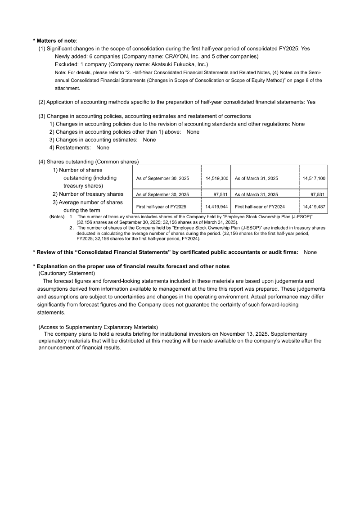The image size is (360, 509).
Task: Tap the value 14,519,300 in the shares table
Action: (217, 179)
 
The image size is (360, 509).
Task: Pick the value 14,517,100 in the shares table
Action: (314, 179)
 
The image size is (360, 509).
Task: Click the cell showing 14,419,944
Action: (217, 207)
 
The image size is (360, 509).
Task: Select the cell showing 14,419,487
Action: (314, 207)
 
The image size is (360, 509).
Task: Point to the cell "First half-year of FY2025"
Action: (161, 207)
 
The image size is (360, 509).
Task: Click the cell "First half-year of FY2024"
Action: (260, 207)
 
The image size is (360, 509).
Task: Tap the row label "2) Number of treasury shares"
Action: (88, 194)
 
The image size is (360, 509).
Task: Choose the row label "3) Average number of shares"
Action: (88, 203)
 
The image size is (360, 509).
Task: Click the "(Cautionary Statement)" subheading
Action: (67, 273)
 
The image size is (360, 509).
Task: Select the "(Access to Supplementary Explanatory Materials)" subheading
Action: (98, 327)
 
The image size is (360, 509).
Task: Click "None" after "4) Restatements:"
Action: (103, 148)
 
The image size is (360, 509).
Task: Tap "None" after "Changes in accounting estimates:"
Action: (149, 140)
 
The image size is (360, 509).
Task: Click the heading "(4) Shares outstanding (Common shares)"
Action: (89, 162)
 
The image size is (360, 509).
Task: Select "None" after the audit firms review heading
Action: (310, 252)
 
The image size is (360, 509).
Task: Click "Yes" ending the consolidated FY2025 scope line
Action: (305, 49)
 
